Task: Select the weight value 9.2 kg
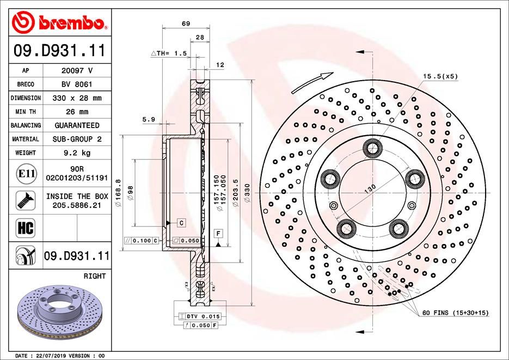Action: (x=76, y=153)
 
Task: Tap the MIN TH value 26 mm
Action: (x=76, y=112)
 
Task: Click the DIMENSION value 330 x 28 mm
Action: (x=76, y=98)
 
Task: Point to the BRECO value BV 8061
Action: (x=76, y=84)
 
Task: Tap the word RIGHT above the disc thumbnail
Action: (x=95, y=277)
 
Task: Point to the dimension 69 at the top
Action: (x=186, y=23)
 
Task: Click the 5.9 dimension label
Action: (x=148, y=120)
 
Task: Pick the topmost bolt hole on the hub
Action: (x=373, y=147)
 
